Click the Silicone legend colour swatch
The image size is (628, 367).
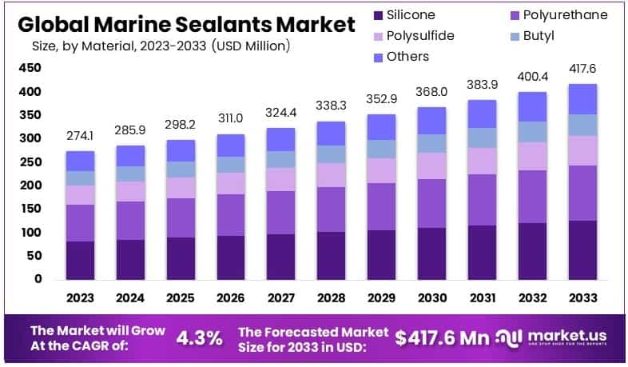pos(378,15)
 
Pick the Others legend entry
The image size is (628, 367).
pos(408,57)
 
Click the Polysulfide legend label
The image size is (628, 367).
pos(419,36)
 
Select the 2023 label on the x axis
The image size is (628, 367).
pos(81,298)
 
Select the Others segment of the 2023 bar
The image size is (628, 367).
pos(81,161)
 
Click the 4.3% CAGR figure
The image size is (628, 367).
pos(198,337)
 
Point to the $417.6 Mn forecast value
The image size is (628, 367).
pos(443,337)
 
